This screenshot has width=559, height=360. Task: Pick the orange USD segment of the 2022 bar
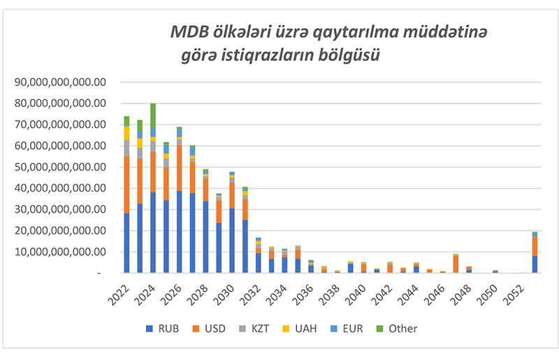pos(126,185)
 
